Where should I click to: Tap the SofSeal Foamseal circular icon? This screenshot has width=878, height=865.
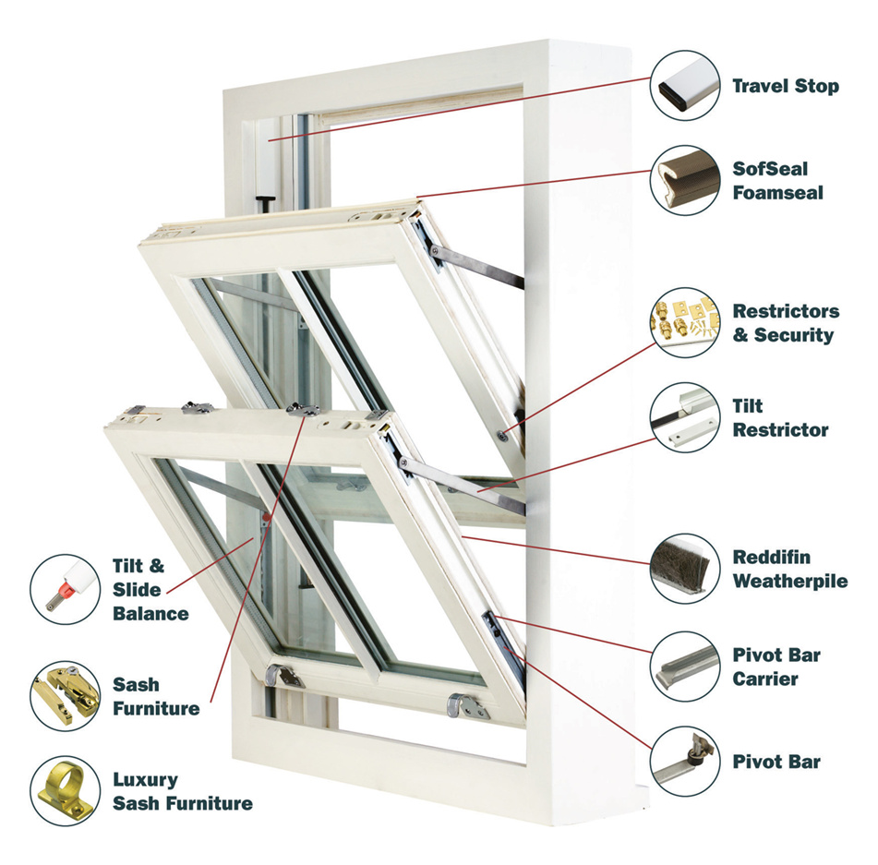click(686, 180)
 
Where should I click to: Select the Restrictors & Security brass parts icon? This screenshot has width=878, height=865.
click(686, 322)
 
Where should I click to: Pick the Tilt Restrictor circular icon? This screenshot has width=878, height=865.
click(686, 418)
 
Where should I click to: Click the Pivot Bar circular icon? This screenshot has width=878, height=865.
click(686, 762)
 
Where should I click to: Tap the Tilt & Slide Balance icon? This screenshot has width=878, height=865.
click(65, 589)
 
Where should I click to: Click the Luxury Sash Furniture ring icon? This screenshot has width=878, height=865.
click(65, 791)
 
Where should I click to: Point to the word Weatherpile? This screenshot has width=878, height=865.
click(790, 582)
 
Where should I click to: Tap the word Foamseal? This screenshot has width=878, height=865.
click(777, 193)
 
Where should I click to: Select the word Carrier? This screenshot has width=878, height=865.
click(765, 679)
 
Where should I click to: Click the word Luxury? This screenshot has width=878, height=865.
click(145, 780)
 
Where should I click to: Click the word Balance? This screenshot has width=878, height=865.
click(150, 613)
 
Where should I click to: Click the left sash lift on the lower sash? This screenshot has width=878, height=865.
click(283, 675)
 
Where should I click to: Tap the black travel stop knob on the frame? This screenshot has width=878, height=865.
click(265, 200)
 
